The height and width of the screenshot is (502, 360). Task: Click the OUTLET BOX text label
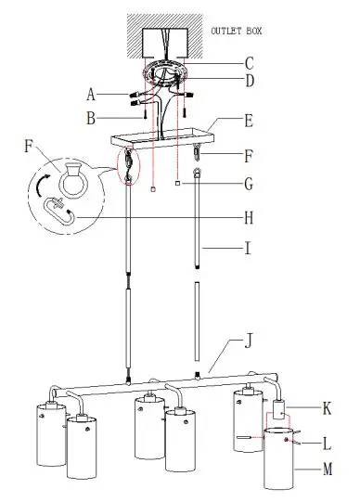pos(237,31)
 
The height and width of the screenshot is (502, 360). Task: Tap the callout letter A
pos(91,95)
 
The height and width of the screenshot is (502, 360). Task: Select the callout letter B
pos(91,118)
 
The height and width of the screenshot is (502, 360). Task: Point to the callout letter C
pos(250,63)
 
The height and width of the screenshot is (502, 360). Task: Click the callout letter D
pos(250,81)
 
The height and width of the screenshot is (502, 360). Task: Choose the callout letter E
pos(249,122)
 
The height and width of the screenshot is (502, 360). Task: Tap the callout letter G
pos(249,184)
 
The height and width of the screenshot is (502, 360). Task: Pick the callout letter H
pos(249,218)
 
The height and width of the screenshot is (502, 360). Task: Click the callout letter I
pos(248,248)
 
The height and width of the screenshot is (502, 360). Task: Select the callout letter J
pos(249,341)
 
